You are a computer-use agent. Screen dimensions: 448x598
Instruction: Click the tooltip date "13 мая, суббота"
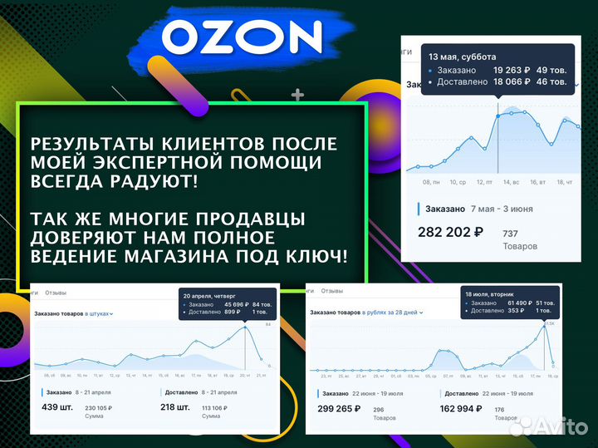pos(462,57)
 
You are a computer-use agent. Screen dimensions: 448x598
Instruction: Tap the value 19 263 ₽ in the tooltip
pos(510,70)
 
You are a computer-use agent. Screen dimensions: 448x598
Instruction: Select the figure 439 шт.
pos(60,407)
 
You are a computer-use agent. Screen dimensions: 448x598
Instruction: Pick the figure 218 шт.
pos(177,407)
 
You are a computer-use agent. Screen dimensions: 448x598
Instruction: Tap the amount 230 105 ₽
pos(98,407)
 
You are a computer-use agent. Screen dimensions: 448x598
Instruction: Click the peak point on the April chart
pos(246,327)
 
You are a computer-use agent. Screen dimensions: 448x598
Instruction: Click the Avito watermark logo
pos(549,426)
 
